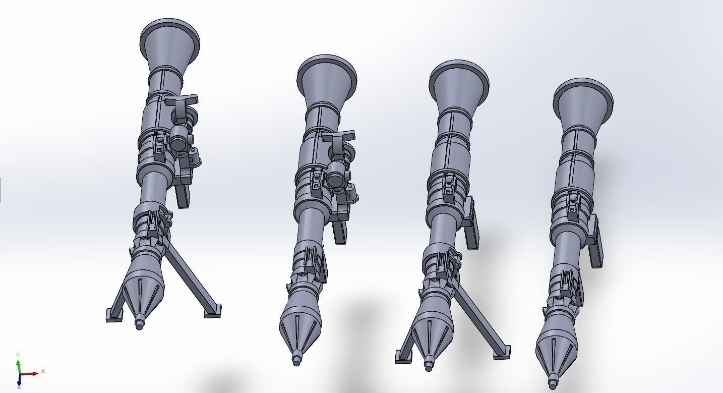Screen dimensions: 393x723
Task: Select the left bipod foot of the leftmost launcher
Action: click(114, 316)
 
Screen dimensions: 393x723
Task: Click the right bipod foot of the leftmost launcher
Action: click(212, 311)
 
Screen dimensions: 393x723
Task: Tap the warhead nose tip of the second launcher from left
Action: click(296, 361)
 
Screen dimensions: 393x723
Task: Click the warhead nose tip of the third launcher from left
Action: click(429, 366)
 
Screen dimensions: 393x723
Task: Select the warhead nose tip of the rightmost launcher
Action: click(553, 384)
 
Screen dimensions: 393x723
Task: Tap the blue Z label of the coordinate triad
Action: click(19, 386)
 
